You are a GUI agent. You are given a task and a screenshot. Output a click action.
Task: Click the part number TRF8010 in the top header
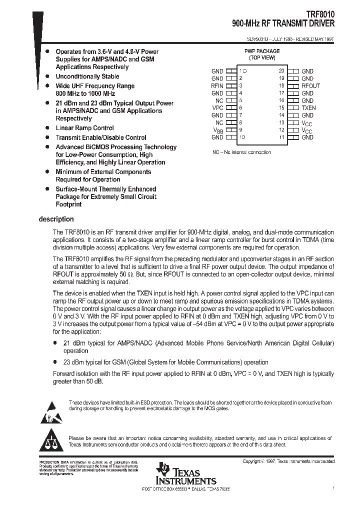[x=321, y=15]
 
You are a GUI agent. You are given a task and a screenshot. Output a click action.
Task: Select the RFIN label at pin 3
[x=217, y=86]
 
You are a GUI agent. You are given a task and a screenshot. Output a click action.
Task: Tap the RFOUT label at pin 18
[x=310, y=86]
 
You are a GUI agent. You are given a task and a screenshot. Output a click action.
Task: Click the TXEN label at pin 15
[x=308, y=108]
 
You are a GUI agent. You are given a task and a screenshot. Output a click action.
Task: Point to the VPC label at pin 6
[x=217, y=108]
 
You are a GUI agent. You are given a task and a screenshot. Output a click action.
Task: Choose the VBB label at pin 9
[x=218, y=130]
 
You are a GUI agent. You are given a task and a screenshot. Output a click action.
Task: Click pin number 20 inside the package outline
[x=281, y=71]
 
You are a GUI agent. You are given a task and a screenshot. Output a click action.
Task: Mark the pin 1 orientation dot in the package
[x=244, y=71]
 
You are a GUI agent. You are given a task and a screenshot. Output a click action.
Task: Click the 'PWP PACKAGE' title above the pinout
[x=261, y=51]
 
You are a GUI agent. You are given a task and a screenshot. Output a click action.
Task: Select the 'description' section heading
[x=56, y=219]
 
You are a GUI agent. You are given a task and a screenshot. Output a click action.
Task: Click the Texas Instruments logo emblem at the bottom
[x=163, y=471]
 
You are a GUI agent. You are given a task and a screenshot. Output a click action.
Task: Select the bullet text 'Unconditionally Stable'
[x=87, y=76]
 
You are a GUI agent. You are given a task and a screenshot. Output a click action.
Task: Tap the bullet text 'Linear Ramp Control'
[x=84, y=128]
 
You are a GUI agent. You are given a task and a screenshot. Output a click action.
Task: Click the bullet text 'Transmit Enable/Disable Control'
[x=100, y=137]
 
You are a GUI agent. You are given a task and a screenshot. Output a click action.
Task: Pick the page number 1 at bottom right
[x=333, y=487]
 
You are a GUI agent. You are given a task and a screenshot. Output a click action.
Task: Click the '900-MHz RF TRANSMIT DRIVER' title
[x=283, y=23]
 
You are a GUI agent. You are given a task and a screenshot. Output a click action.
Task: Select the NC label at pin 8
[x=219, y=123]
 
